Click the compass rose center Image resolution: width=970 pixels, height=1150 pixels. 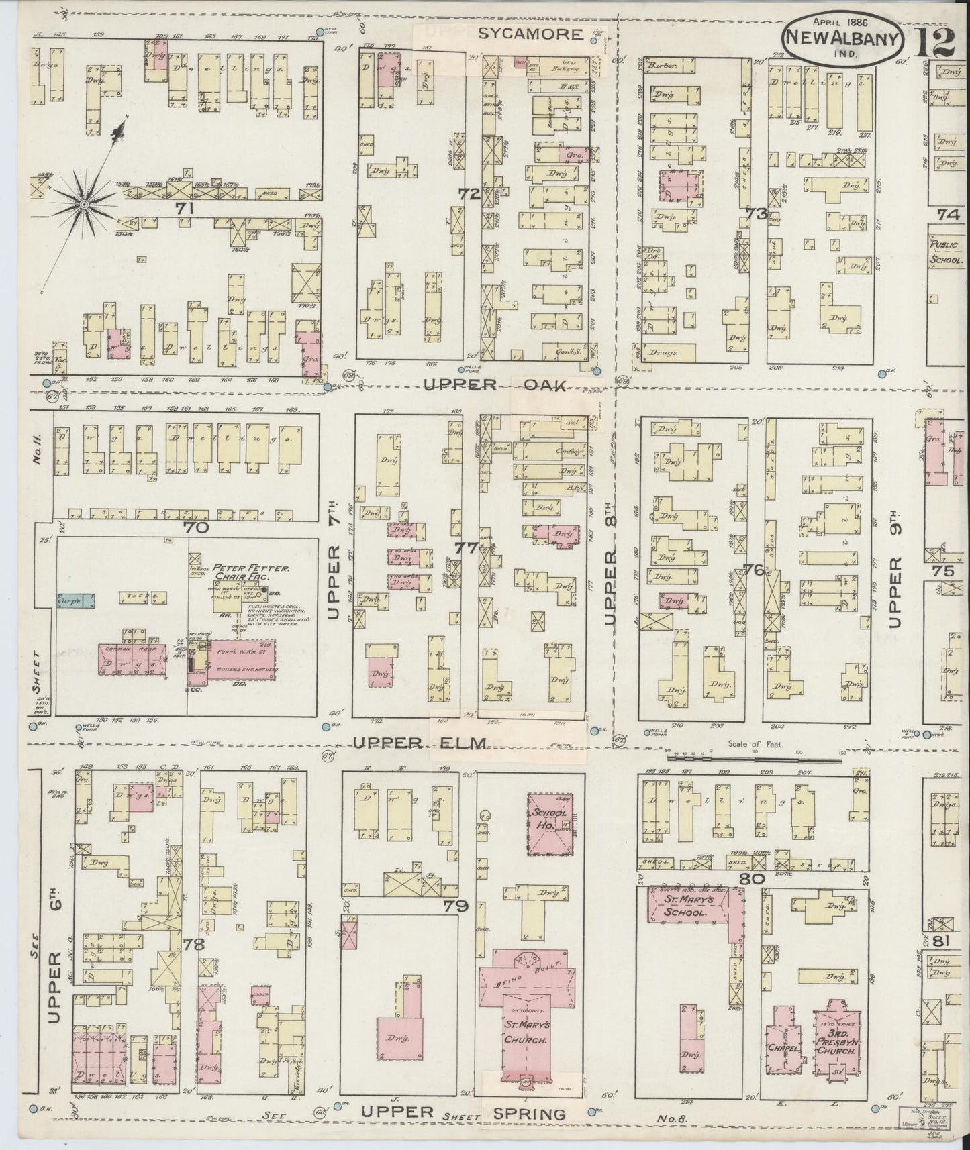coord(85,203)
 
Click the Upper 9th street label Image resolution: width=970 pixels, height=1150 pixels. coord(893,577)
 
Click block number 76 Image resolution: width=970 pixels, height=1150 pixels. coord(753,570)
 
